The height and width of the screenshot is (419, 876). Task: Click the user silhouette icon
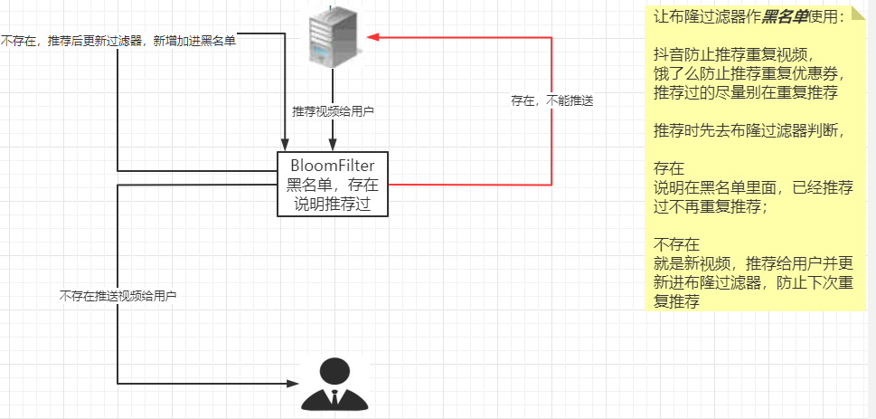tap(334, 385)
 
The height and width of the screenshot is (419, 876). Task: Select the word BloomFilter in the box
tap(332, 165)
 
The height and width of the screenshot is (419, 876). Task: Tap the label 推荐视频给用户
tap(333, 112)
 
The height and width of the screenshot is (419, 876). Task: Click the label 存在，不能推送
tap(551, 100)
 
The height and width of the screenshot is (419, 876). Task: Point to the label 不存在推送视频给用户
tap(118, 296)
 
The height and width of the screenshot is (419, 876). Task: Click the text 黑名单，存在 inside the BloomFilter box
tap(332, 186)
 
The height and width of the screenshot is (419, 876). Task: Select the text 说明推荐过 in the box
tap(332, 205)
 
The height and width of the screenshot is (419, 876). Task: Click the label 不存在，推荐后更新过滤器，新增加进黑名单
tap(118, 41)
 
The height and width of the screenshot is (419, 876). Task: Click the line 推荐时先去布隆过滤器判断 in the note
tap(749, 131)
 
